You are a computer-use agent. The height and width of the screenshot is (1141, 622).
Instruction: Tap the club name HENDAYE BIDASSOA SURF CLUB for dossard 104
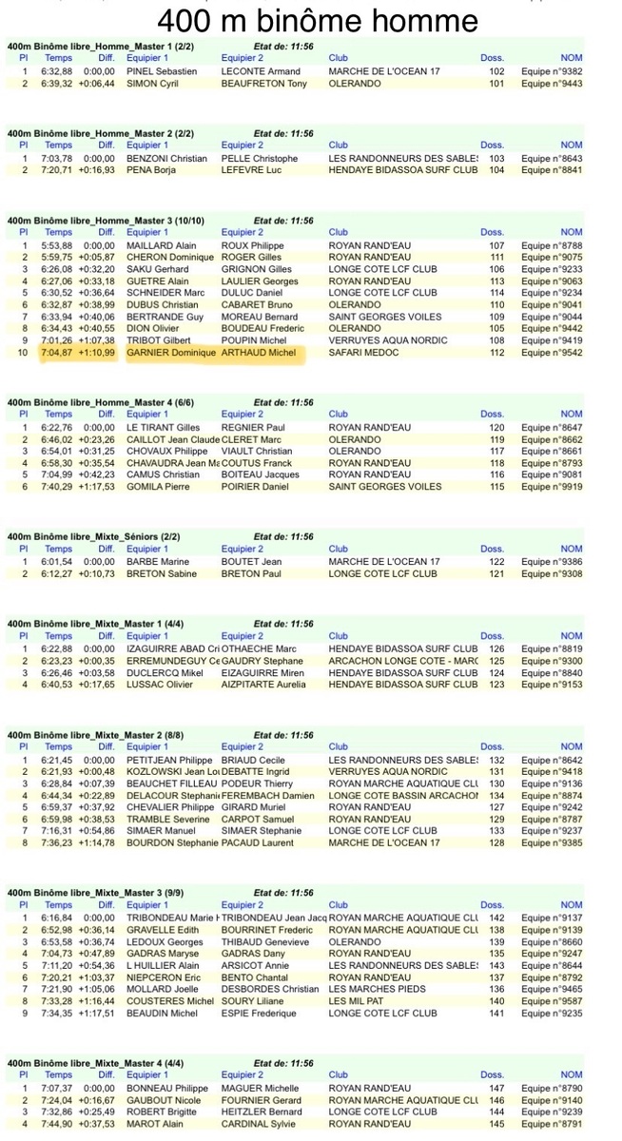coord(402,170)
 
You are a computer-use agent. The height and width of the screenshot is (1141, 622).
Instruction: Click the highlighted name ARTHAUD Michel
coord(258,353)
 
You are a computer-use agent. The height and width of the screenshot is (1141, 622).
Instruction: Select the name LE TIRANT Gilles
coord(163,427)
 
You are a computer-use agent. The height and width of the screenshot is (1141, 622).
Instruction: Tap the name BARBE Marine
coord(155,562)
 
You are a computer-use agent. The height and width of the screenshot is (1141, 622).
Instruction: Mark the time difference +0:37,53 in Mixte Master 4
coord(96,1124)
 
